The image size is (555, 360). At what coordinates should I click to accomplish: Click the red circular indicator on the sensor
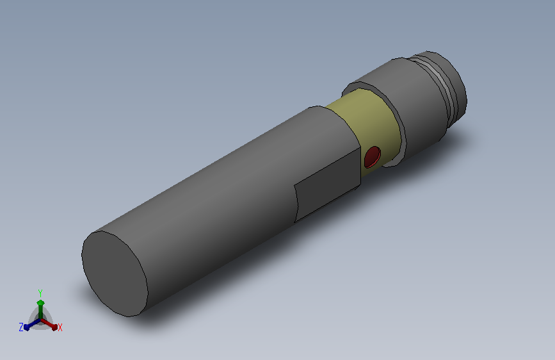click(373, 157)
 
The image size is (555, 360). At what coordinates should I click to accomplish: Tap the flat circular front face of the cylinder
click(115, 274)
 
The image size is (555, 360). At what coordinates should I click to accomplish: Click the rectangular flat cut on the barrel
click(327, 185)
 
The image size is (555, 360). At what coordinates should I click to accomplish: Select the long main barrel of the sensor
click(220, 199)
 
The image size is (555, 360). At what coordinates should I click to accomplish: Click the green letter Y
click(40, 293)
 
